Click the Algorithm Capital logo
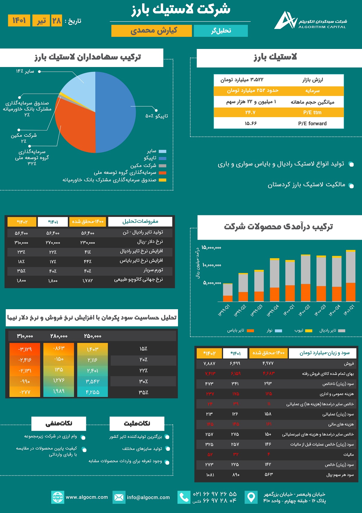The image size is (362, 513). point(285,21)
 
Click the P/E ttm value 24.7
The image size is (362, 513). point(250,112)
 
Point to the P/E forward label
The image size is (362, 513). point(312,123)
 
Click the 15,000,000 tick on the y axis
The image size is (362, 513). point(211,248)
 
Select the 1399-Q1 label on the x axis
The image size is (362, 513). point(224,310)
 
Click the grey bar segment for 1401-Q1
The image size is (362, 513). point(351,267)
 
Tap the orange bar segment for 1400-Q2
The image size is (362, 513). point(306,292)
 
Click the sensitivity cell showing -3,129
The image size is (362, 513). point(25,349)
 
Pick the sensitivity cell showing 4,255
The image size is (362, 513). point(93,392)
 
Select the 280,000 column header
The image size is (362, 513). point(59,336)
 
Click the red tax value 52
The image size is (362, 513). point(210,454)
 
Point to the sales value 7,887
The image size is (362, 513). point(209,363)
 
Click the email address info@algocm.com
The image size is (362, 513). point(148,497)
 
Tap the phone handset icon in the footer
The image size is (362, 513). point(184,497)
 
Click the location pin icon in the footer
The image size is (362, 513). point(251,497)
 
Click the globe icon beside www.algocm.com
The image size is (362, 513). point(58,497)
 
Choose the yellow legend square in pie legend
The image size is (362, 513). point(163,180)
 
